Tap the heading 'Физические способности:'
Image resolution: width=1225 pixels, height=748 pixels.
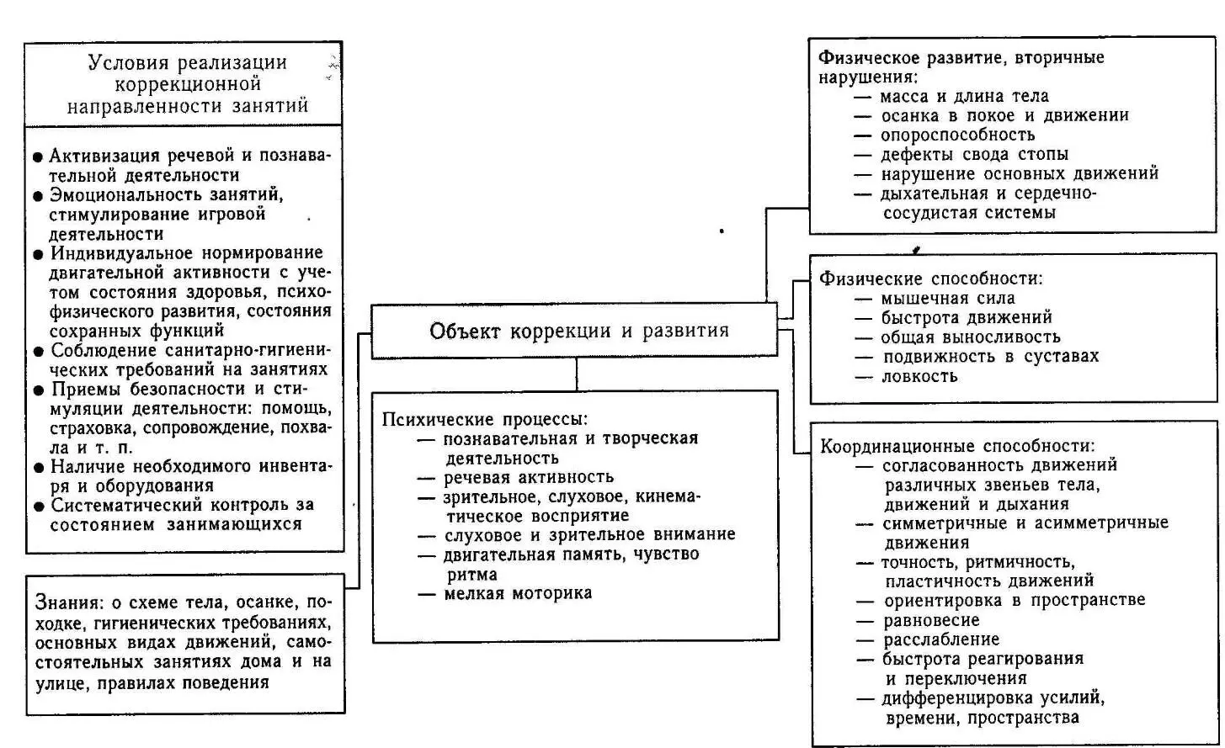[931, 279]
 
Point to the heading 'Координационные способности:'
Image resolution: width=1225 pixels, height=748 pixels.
[958, 446]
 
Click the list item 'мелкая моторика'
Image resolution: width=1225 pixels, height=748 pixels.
[518, 593]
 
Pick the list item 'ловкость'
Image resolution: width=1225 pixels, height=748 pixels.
[919, 376]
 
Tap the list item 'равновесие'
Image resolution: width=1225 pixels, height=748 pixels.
[931, 620]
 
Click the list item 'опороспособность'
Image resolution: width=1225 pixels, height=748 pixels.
[957, 135]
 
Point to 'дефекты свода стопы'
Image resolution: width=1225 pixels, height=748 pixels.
[974, 154]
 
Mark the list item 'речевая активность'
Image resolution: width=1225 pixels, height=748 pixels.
[529, 477]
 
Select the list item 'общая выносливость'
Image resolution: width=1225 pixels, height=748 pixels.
[970, 337]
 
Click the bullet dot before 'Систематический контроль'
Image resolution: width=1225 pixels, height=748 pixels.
[38, 507]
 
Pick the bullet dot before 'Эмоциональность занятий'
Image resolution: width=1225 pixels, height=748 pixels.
[38, 195]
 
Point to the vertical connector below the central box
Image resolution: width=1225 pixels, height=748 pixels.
[577, 374]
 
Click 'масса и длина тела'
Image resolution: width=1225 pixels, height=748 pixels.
[964, 96]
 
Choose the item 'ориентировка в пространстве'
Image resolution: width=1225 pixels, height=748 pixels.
[1014, 601]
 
